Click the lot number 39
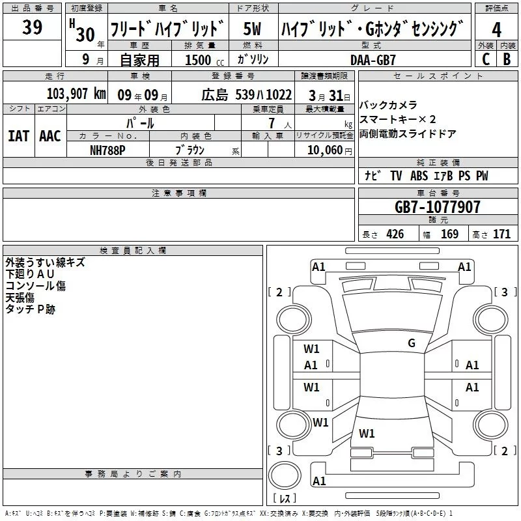pyautogui.click(x=33, y=28)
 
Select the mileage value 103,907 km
pyautogui.click(x=77, y=94)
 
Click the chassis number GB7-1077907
pyautogui.click(x=438, y=207)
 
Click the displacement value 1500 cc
pyautogui.click(x=198, y=60)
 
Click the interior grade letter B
pyautogui.click(x=507, y=59)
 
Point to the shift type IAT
pyautogui.click(x=18, y=136)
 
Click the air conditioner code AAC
pyautogui.click(x=49, y=136)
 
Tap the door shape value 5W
pyautogui.click(x=253, y=29)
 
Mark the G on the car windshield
pyautogui.click(x=411, y=343)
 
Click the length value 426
pyautogui.click(x=395, y=234)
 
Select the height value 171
pyautogui.click(x=501, y=234)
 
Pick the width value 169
pyautogui.click(x=449, y=234)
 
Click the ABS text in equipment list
pyautogui.click(x=419, y=176)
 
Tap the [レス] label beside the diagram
pyautogui.click(x=285, y=499)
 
